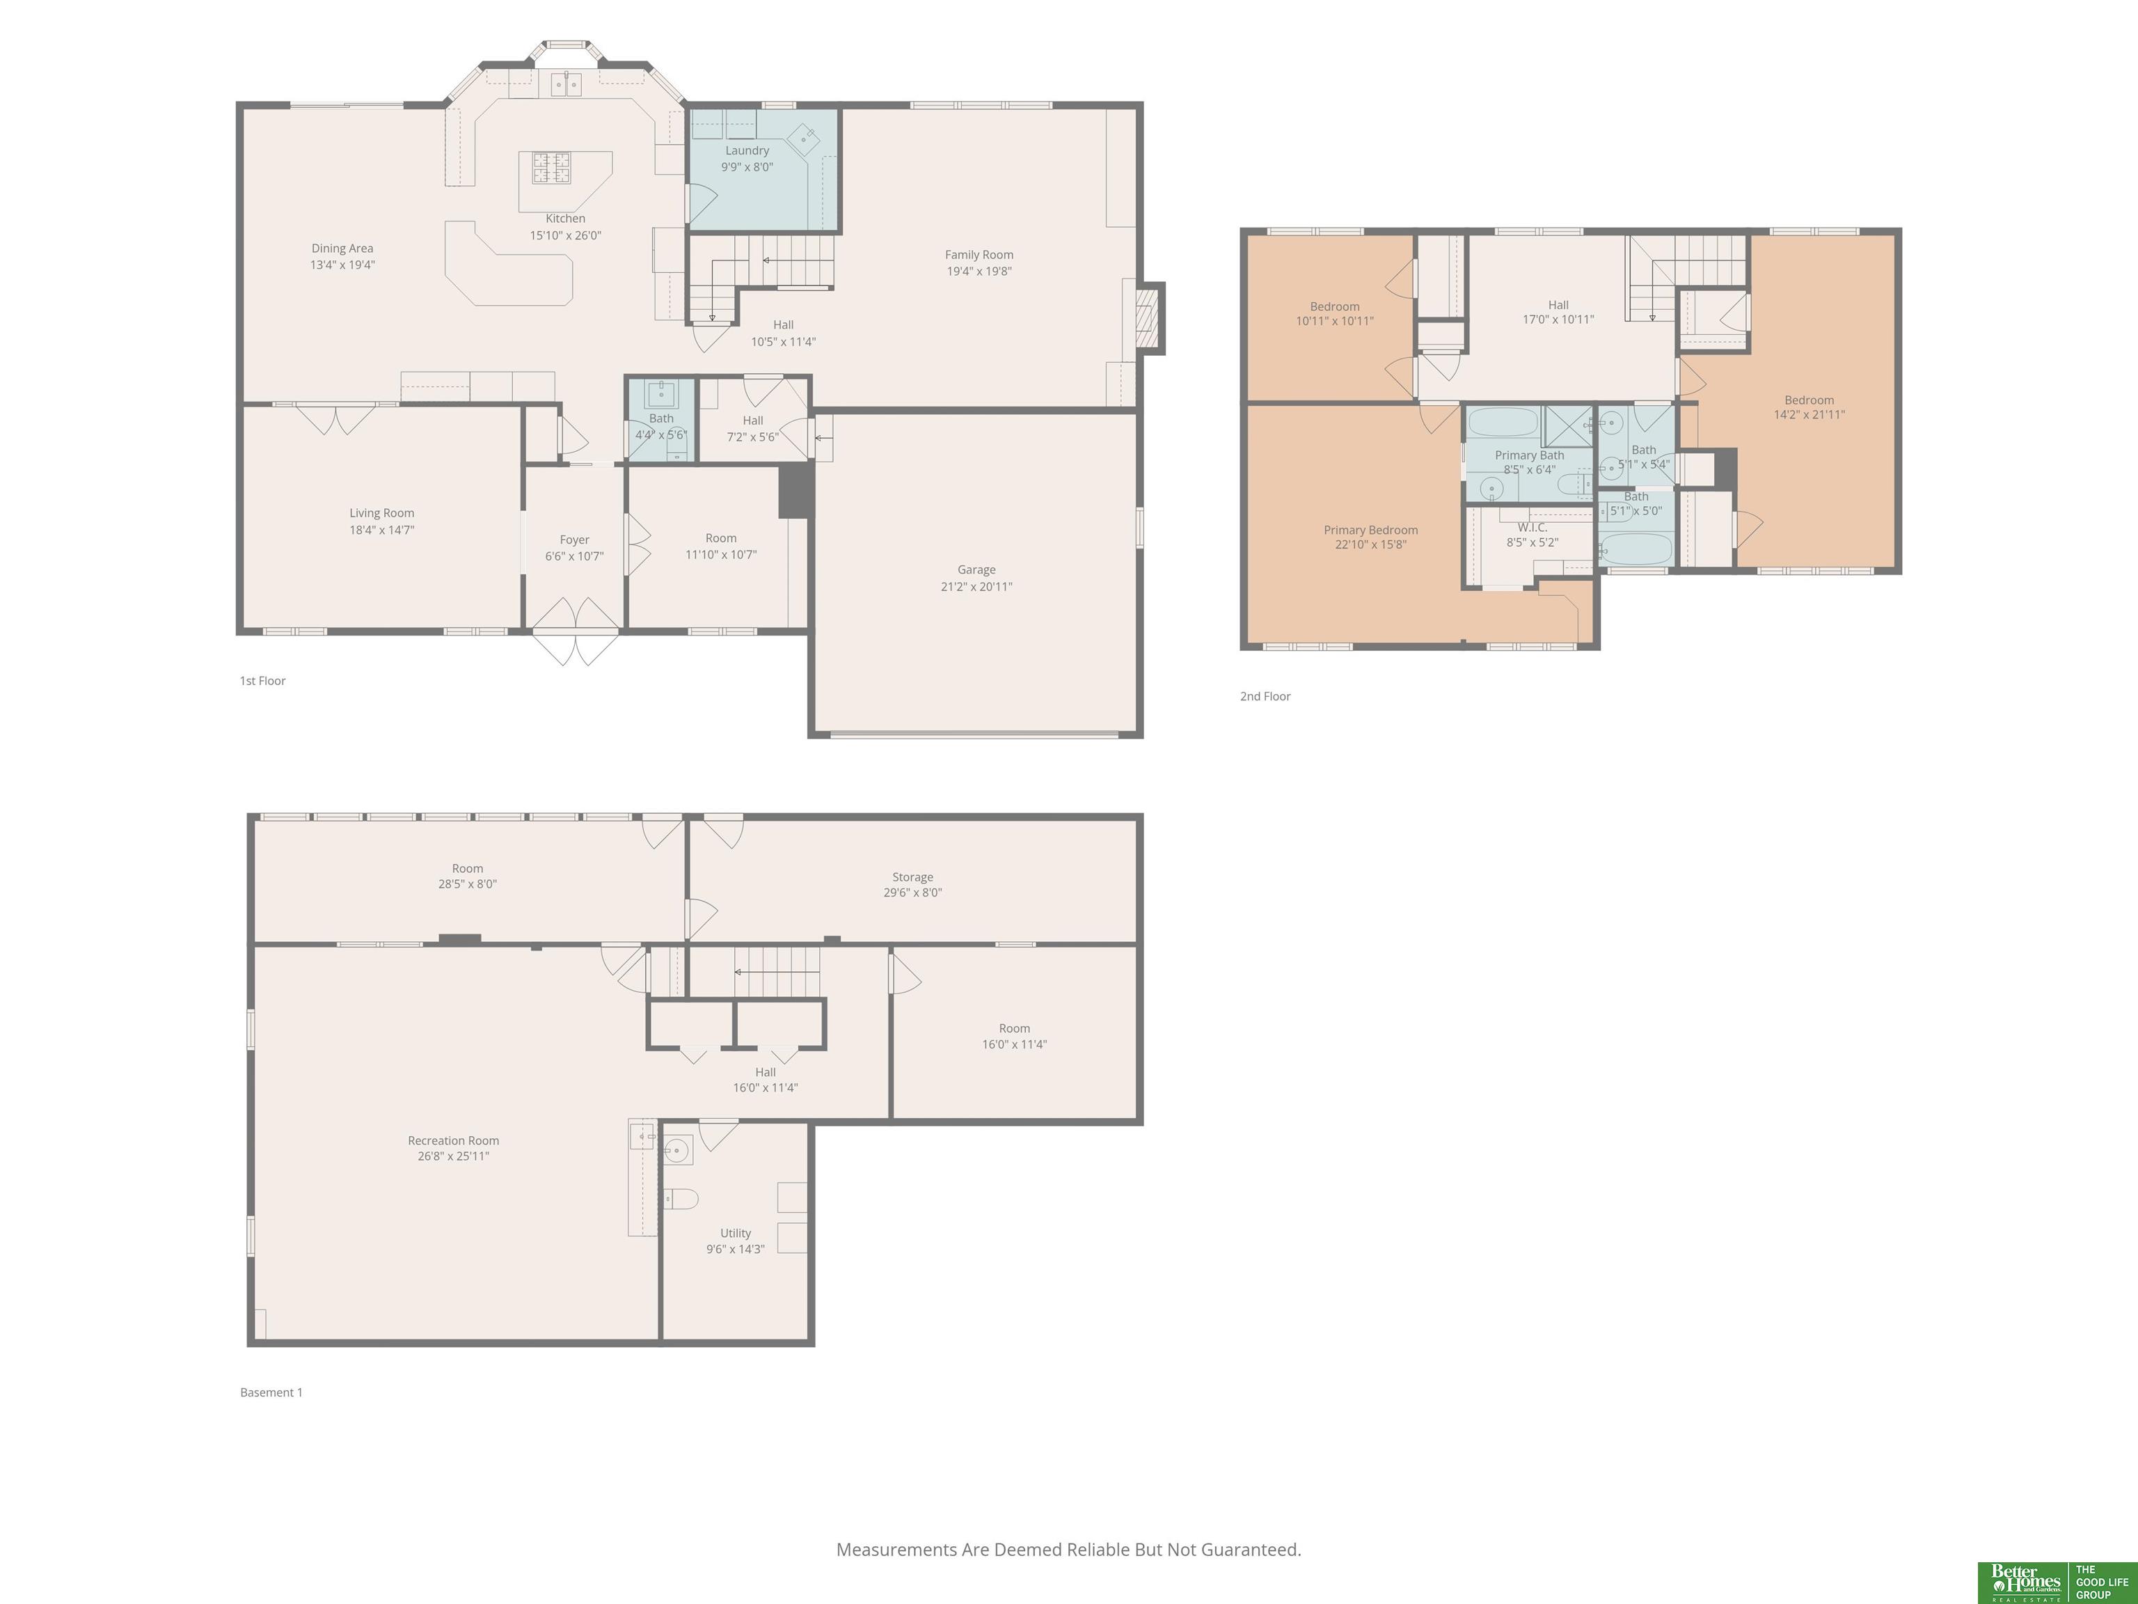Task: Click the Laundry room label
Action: pyautogui.click(x=747, y=151)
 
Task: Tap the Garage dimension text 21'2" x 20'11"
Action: pyautogui.click(x=976, y=587)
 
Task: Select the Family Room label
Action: pyautogui.click(x=979, y=255)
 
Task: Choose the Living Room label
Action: pyautogui.click(x=382, y=513)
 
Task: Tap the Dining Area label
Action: pyautogui.click(x=342, y=249)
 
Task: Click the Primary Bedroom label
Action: pyautogui.click(x=1370, y=530)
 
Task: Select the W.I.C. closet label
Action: pyautogui.click(x=1532, y=528)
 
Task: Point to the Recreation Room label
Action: pyautogui.click(x=453, y=1141)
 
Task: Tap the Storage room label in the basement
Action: pyautogui.click(x=912, y=877)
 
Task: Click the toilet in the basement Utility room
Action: pyautogui.click(x=681, y=1199)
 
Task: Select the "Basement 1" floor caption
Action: pyautogui.click(x=271, y=1392)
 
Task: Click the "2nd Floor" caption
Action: pyautogui.click(x=1265, y=696)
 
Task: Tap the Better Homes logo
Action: pyautogui.click(x=2024, y=1582)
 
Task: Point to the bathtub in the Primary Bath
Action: pyautogui.click(x=1503, y=423)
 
